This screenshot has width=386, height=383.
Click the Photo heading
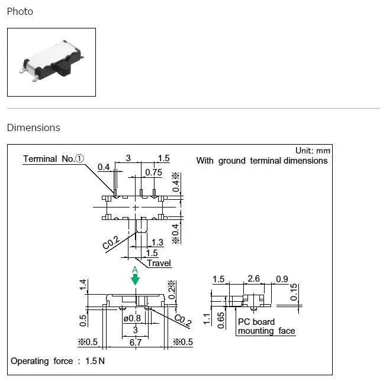[20, 12]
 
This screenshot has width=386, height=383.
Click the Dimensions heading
[34, 127]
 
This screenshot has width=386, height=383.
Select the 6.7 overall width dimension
[136, 342]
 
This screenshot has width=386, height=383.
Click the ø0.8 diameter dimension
[132, 318]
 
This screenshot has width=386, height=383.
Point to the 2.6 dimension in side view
[253, 279]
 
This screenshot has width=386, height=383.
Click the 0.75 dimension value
[153, 173]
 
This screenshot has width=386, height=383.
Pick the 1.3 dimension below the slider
[157, 242]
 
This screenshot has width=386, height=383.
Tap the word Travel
[159, 263]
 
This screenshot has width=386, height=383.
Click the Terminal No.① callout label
[53, 158]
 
